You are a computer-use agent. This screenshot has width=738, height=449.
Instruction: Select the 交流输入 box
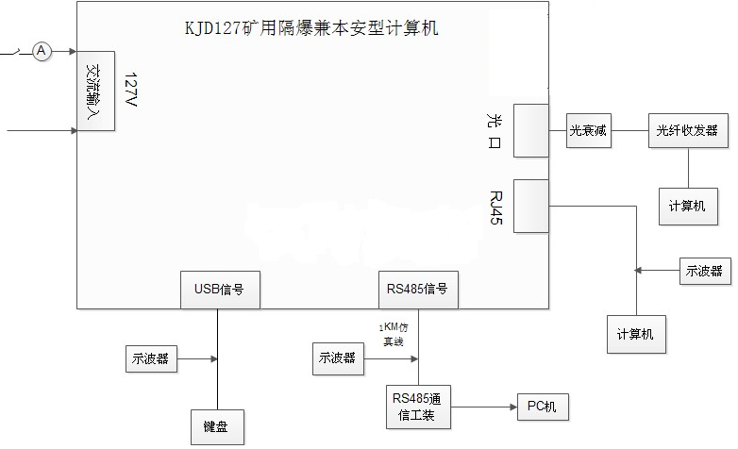point(95,91)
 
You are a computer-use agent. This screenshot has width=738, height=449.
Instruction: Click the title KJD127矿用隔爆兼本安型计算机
point(311,28)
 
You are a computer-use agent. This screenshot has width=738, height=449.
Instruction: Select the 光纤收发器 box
point(687,132)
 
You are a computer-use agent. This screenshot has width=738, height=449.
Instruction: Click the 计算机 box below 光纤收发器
point(687,205)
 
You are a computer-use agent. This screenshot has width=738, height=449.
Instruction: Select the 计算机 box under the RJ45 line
point(635,334)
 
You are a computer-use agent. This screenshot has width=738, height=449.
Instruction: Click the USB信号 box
point(219,290)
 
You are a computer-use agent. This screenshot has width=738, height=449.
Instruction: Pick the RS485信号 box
point(418,290)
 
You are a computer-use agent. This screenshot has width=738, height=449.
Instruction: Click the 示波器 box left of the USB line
point(150,358)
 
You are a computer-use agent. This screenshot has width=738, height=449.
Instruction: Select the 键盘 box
point(217,425)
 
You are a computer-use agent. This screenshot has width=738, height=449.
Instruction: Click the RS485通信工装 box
point(418,407)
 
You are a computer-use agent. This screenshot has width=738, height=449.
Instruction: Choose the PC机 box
point(542,407)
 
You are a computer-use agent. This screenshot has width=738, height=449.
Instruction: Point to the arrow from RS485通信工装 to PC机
point(482,407)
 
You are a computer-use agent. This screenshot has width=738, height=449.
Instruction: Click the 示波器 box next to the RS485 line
point(338,358)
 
